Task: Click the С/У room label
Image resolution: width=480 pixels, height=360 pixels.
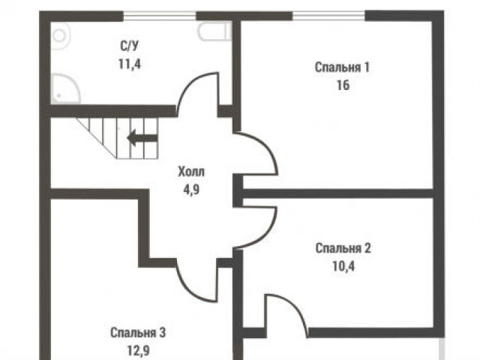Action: (129, 46)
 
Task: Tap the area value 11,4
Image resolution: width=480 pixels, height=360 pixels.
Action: (130, 64)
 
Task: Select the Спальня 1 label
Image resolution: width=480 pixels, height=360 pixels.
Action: (342, 67)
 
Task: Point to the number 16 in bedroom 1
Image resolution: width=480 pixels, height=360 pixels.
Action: (343, 85)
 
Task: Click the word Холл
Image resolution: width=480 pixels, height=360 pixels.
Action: (191, 172)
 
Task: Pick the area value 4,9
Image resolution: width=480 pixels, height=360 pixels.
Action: (191, 190)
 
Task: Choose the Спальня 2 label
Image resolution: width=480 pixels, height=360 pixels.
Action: (343, 248)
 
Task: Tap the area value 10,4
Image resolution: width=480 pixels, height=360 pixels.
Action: (343, 266)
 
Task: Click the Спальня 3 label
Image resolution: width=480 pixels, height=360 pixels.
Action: (138, 332)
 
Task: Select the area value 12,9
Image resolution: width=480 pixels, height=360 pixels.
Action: (138, 351)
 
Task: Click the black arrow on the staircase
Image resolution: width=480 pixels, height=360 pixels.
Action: (142, 138)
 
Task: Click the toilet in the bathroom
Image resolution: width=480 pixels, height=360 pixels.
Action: (214, 31)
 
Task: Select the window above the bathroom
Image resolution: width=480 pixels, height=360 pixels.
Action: (160, 15)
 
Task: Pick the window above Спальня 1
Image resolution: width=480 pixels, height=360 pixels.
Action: (328, 15)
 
